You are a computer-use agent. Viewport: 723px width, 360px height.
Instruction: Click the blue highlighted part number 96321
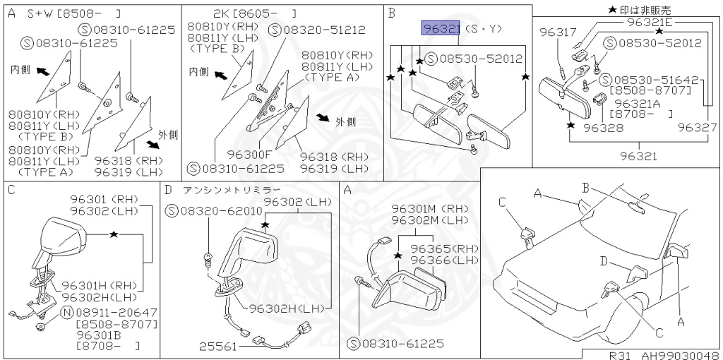(x=441, y=28)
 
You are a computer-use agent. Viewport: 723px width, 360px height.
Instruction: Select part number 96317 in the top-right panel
(x=558, y=32)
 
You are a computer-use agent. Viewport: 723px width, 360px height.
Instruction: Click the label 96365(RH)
(x=443, y=248)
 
